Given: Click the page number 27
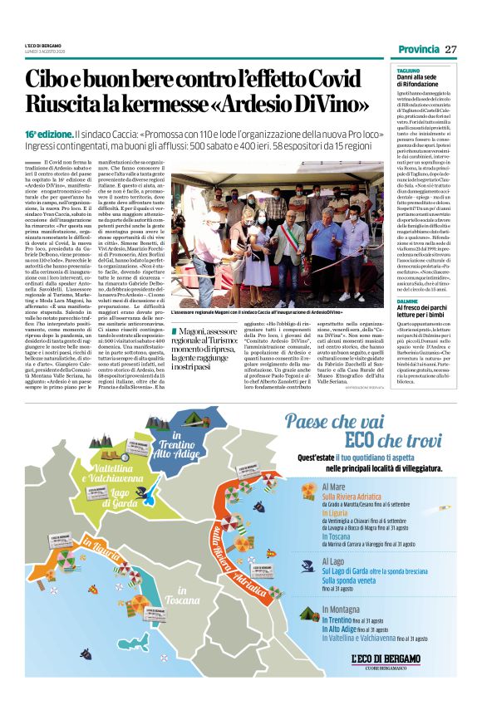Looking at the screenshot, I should click(451, 49).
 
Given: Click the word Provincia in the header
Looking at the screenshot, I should click(419, 49).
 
